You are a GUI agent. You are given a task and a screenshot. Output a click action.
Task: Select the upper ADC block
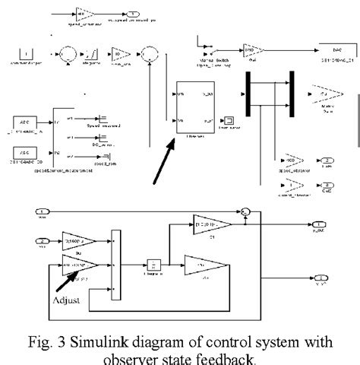pos(30,122)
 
